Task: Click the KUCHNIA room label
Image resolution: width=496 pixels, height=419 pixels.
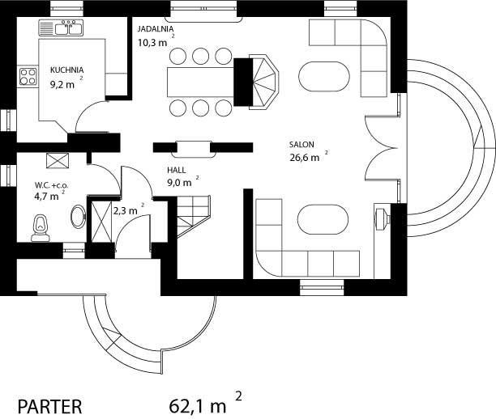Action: (x=66, y=70)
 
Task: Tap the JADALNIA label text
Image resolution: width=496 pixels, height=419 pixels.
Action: (x=156, y=29)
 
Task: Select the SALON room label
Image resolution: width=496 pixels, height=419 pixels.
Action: (x=301, y=145)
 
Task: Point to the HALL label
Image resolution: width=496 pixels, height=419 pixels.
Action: (x=176, y=170)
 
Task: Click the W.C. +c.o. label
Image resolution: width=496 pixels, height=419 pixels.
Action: (x=51, y=185)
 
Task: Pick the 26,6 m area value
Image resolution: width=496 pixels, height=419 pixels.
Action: (x=304, y=158)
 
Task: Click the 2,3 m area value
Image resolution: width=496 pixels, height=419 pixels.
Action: (x=126, y=210)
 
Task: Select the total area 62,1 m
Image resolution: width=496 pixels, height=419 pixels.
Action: (x=198, y=406)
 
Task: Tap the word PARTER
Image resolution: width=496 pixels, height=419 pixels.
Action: (x=49, y=407)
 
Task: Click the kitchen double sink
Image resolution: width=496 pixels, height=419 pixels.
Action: (x=61, y=28)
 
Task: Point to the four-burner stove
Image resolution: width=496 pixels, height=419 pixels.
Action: (x=28, y=77)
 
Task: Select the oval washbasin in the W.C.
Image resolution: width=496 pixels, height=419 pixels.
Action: (x=78, y=216)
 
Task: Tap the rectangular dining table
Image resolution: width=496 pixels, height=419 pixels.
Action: (x=200, y=82)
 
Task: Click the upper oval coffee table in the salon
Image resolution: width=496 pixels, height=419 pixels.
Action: (x=324, y=77)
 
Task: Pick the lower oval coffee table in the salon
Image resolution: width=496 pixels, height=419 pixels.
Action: (x=323, y=219)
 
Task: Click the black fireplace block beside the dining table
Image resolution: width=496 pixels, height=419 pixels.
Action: (x=243, y=82)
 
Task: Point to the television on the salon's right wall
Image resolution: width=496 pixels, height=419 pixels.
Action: (x=382, y=218)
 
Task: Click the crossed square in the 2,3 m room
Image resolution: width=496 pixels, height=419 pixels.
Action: (x=101, y=222)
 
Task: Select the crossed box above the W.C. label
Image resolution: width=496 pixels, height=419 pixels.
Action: (x=58, y=161)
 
